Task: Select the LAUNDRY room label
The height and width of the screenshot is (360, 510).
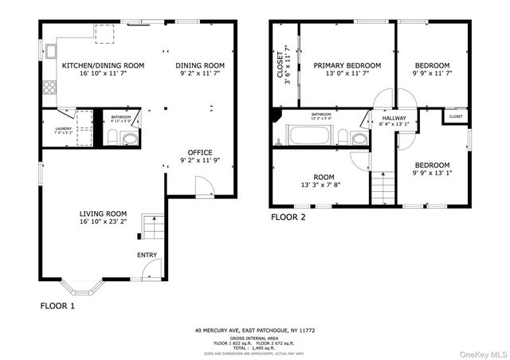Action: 63,128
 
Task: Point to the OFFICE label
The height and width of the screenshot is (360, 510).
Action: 200,152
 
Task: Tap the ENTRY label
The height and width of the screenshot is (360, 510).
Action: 147,255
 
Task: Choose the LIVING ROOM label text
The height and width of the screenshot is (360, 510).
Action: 103,213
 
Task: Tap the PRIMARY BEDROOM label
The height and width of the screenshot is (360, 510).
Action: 347,65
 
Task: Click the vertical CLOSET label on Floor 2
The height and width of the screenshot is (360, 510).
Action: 279,64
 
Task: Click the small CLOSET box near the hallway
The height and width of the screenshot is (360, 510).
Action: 455,116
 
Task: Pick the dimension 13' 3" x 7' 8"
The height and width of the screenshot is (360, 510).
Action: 324,186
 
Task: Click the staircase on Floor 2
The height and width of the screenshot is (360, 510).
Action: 382,188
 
